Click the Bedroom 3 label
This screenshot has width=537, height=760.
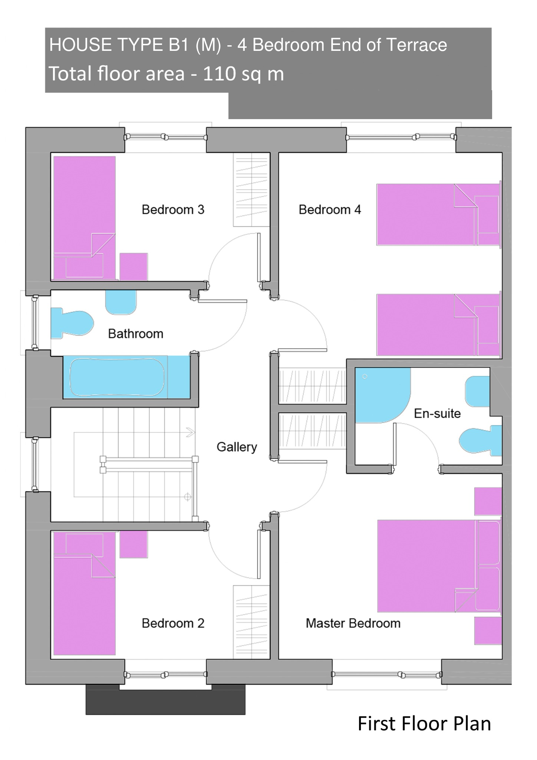click(x=173, y=210)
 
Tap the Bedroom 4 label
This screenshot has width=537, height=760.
click(x=330, y=210)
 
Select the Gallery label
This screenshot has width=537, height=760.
click(x=237, y=447)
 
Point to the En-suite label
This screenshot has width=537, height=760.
click(x=437, y=413)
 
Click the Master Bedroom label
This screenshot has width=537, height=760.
click(x=353, y=623)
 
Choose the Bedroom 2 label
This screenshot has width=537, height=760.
click(x=173, y=623)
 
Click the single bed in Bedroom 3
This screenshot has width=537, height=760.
click(x=85, y=218)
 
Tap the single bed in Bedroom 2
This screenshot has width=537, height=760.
click(x=85, y=593)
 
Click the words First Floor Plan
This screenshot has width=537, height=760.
click(x=424, y=723)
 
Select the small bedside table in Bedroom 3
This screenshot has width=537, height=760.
click(x=134, y=267)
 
